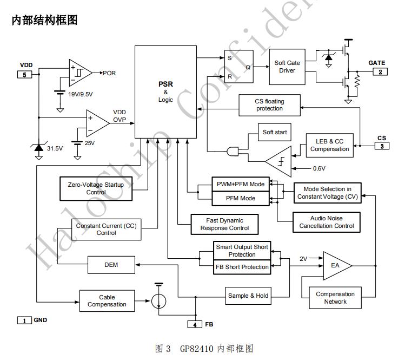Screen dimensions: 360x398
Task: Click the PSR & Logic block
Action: click(165, 92)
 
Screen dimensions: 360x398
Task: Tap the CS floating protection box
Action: click(269, 105)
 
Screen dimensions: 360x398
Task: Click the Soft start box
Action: click(275, 132)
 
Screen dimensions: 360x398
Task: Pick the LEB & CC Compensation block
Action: click(330, 145)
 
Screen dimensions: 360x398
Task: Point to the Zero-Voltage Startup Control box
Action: click(96, 188)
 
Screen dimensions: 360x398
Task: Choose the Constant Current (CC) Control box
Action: click(107, 229)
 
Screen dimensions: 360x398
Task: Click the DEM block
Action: click(111, 265)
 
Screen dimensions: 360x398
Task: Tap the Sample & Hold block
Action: click(248, 296)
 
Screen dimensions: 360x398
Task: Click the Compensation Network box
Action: click(335, 298)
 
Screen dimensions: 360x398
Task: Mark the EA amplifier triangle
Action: click(336, 265)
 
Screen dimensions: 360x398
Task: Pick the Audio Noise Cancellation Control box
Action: click(327, 222)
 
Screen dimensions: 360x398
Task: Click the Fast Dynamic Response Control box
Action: click(224, 224)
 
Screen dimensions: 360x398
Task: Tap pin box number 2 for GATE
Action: click(380, 72)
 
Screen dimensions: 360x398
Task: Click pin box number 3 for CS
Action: click(382, 146)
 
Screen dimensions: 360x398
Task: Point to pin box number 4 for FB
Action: click(195, 324)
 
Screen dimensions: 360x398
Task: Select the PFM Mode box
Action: click(240, 199)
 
